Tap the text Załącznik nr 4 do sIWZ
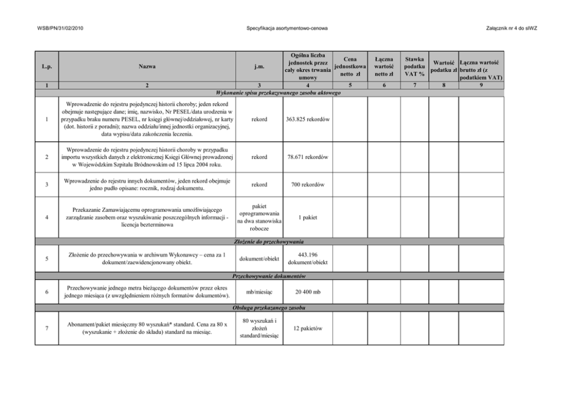[x=514, y=28]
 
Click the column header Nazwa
[x=147, y=67]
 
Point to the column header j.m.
[x=260, y=67]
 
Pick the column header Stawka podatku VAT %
[x=414, y=67]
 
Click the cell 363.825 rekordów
[x=308, y=120]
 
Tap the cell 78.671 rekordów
[x=308, y=157]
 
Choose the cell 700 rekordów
[x=308, y=185]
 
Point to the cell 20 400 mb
[x=308, y=293]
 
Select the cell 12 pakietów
[x=308, y=329]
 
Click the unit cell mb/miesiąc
[x=260, y=293]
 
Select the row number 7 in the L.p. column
[x=46, y=329]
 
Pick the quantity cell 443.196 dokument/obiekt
[x=308, y=258]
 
